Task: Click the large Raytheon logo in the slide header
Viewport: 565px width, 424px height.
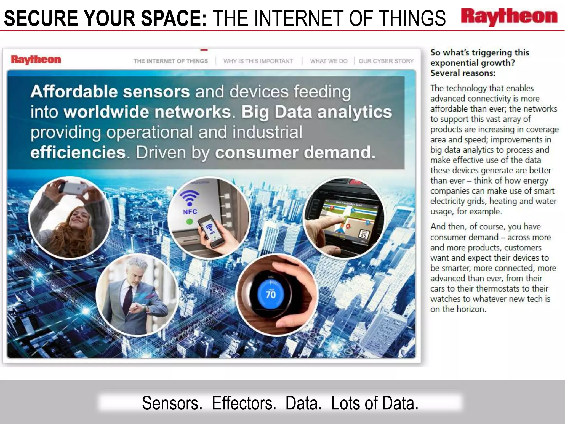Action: tap(509, 17)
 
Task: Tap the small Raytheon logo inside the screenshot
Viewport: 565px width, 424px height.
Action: tap(36, 60)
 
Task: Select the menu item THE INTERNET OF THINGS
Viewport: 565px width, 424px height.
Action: tap(170, 61)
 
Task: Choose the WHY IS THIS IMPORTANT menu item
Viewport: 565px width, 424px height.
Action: tap(258, 61)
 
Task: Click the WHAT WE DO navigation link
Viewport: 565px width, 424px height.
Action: tap(329, 61)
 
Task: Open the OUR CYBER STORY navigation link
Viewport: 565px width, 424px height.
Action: tap(386, 61)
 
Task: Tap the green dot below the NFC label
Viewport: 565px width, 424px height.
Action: tap(189, 221)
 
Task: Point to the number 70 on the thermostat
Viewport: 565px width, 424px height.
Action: tap(271, 295)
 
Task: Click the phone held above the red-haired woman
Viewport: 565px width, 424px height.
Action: tap(73, 188)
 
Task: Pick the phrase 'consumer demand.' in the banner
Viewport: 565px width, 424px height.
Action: tap(295, 152)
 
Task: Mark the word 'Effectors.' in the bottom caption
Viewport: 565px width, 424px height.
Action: tap(244, 403)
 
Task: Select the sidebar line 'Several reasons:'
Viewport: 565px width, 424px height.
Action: tap(463, 73)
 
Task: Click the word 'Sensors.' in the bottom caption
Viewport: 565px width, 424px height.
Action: tap(172, 403)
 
